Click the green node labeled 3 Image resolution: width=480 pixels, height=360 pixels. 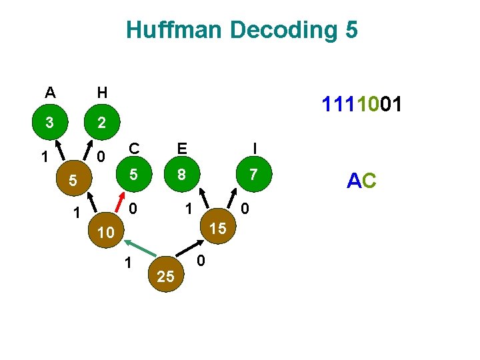(x=49, y=123)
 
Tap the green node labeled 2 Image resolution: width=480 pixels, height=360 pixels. (x=101, y=123)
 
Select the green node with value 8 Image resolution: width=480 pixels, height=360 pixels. (x=181, y=175)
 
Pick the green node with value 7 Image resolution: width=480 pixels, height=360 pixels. (x=253, y=175)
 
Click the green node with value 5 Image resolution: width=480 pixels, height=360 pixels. (x=133, y=175)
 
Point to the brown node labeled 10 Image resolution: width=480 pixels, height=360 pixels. (x=105, y=233)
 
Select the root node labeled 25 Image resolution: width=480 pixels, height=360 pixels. (x=166, y=276)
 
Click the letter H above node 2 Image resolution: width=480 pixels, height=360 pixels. (x=101, y=92)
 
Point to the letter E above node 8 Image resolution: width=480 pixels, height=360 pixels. (x=181, y=147)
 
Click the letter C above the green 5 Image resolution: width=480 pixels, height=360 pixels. (x=134, y=147)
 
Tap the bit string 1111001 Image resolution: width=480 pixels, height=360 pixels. (x=361, y=105)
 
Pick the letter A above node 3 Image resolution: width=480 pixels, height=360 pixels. (x=50, y=92)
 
